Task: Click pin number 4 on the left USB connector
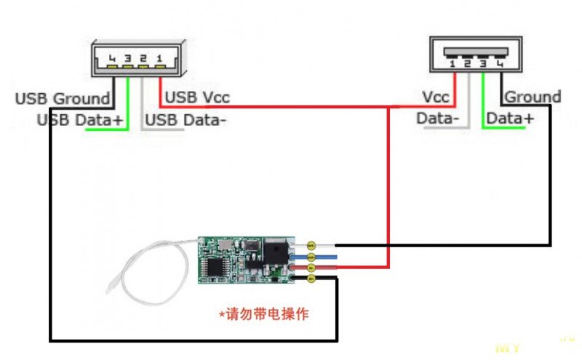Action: (112, 57)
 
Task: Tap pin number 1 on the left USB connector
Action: (159, 57)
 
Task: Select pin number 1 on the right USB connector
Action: (453, 63)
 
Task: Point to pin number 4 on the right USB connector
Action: (500, 63)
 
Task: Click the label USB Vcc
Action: (198, 97)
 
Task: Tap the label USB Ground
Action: (63, 98)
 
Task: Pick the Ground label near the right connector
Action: (533, 97)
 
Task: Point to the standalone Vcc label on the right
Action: (435, 97)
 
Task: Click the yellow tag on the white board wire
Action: (311, 246)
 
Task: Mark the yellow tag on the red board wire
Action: (311, 268)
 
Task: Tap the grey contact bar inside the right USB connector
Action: (477, 54)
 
